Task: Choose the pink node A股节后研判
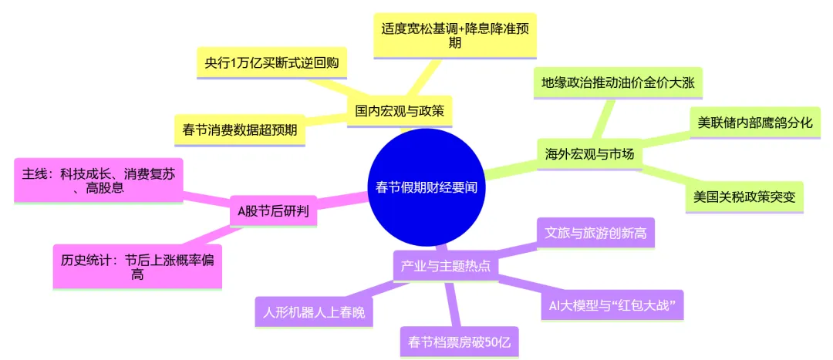[274, 210]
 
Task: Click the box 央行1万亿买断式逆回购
[271, 62]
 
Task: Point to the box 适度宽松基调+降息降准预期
[455, 35]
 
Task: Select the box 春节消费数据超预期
[240, 129]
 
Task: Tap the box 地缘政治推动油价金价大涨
[618, 83]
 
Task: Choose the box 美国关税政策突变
[744, 196]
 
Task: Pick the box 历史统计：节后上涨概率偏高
[137, 266]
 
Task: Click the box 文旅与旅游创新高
[595, 232]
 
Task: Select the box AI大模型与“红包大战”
[612, 305]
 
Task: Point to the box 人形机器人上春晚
[313, 312]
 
